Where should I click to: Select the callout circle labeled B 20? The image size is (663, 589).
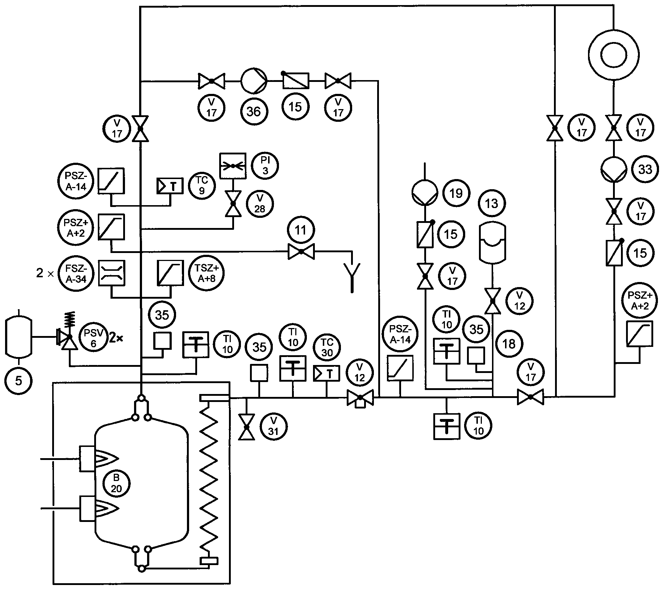coord(116,484)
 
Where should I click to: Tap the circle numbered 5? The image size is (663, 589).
coord(19,380)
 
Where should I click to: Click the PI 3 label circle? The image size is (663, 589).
coord(265,166)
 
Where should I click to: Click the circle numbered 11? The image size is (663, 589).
coord(301,230)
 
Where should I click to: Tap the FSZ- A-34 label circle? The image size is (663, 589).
coord(76,273)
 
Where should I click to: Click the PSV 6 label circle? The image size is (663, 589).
coord(93,338)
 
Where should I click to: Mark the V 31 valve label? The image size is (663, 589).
coord(273,426)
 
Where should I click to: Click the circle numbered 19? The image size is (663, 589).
coord(456,193)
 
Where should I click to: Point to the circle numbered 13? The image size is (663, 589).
coord(492,204)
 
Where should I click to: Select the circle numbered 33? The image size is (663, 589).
coord(645,169)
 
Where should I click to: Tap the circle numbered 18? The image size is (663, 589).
coord(509,344)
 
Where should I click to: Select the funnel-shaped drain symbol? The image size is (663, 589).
coord(352,278)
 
